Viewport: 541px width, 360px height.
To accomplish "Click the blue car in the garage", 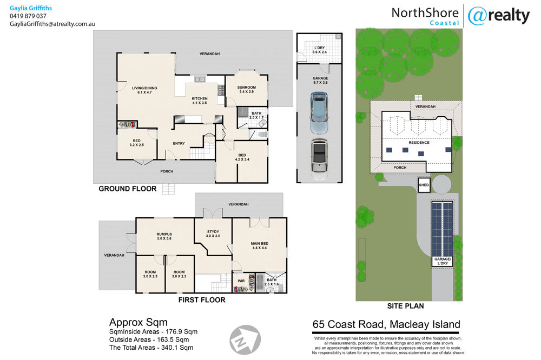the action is (319, 113).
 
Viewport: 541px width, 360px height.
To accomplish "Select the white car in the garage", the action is (319, 159).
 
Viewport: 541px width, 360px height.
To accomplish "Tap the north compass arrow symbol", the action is (245, 339).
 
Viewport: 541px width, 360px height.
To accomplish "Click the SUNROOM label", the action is (246, 88).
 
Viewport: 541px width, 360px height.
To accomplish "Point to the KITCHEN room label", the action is (200, 98).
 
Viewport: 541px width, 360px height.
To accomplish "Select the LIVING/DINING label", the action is (144, 88).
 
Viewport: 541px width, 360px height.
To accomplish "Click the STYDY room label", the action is (213, 232).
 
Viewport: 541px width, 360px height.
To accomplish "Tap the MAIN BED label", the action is (260, 243).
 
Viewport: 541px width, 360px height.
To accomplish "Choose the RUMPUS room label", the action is (164, 234).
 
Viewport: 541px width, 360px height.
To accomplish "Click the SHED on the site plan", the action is (424, 185).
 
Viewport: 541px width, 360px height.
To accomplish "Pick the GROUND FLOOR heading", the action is (128, 189).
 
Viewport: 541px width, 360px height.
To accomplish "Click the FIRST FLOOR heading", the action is (202, 300).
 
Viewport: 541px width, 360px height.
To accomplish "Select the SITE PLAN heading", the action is (405, 306).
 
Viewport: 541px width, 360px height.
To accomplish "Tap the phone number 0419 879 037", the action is (28, 16).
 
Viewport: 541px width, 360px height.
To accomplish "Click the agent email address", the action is (52, 24).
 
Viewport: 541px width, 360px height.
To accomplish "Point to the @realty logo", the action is (499, 16).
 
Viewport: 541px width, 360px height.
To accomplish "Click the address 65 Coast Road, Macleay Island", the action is (386, 324).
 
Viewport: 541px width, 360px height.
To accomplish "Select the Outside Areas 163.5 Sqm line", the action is (149, 339).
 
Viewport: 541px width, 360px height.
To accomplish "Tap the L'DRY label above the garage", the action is (320, 48).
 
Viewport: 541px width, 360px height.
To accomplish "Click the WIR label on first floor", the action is (241, 281).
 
